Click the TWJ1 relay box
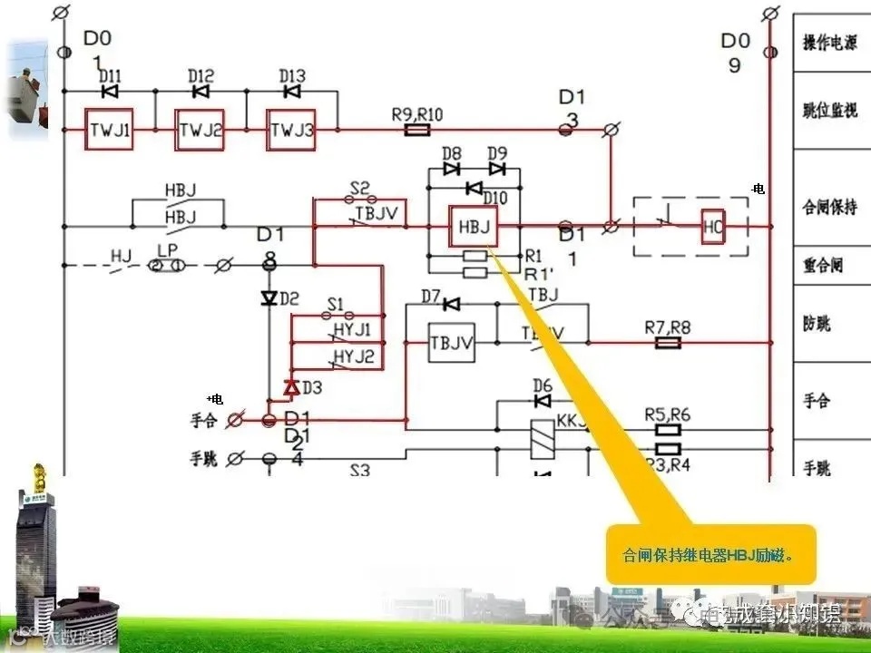tap(110, 131)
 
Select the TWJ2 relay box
tap(201, 131)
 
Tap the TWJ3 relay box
tap(290, 131)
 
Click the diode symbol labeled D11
tap(111, 92)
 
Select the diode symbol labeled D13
tap(291, 92)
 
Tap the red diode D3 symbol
tap(290, 387)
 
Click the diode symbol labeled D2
tap(269, 298)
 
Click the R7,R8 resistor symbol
tap(668, 344)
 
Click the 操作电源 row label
tap(831, 43)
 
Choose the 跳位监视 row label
tap(831, 110)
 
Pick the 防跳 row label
tap(817, 324)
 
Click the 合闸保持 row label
tap(831, 208)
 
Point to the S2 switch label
tap(359, 189)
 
